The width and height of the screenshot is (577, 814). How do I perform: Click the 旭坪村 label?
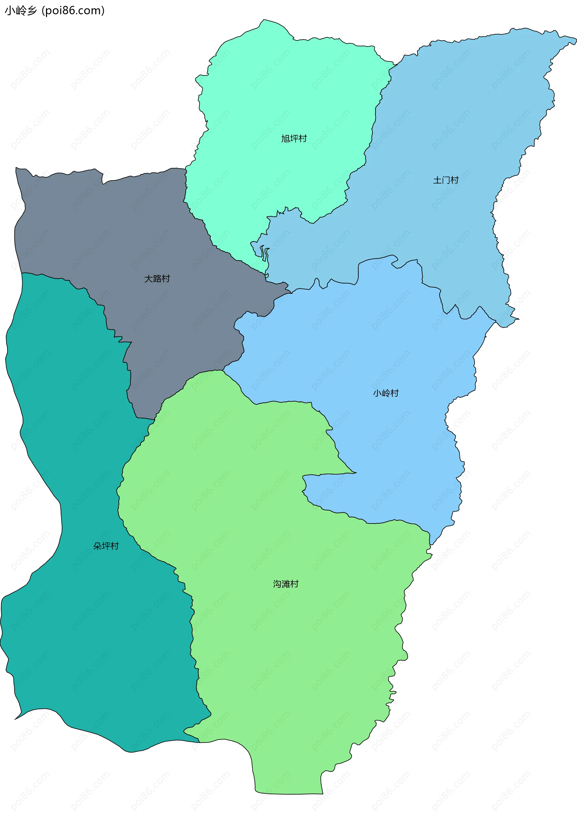[x=294, y=139]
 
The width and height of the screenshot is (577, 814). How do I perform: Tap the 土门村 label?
[x=446, y=180]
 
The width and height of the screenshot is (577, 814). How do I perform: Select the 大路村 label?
[x=157, y=279]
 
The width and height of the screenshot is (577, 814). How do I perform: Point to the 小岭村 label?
[x=386, y=393]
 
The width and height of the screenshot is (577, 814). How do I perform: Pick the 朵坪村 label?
[x=106, y=546]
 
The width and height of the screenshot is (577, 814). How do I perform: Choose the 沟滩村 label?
[x=286, y=584]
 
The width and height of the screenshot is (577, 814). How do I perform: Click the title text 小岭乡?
[x=21, y=11]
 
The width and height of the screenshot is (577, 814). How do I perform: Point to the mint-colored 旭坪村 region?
[x=284, y=89]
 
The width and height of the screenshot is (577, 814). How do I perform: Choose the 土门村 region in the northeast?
[x=462, y=124]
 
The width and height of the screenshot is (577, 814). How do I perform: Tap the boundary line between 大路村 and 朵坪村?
[x=105, y=313]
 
